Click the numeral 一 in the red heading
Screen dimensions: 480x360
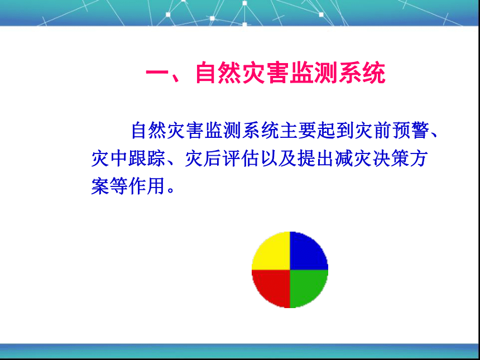[157, 74]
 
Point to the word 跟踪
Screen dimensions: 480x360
[147, 159]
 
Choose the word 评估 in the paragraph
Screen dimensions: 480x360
[241, 159]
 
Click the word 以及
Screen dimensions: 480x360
[279, 159]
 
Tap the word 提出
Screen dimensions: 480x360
[315, 159]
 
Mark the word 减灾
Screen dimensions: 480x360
[353, 159]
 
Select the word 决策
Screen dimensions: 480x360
[390, 159]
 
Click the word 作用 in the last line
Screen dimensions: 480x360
[147, 186]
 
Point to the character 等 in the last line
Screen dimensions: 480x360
[119, 186]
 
